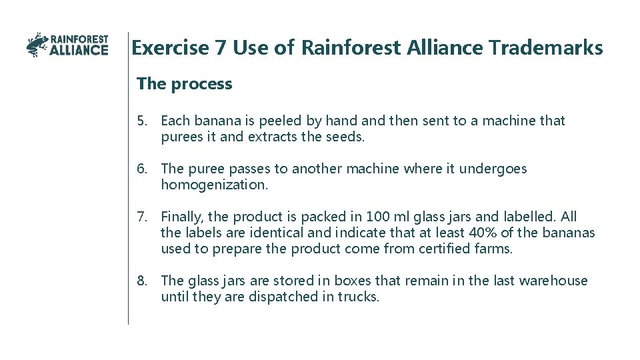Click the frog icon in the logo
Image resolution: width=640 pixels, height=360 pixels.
pyautogui.click(x=37, y=45)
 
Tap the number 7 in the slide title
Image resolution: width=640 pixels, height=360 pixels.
pyautogui.click(x=221, y=48)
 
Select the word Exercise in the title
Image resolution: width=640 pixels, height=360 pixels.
pyautogui.click(x=170, y=48)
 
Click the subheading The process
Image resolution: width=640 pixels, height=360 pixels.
pyautogui.click(x=184, y=84)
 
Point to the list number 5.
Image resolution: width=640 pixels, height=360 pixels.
pyautogui.click(x=142, y=121)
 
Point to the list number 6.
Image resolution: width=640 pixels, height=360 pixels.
pyautogui.click(x=142, y=169)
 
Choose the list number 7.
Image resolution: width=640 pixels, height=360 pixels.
pyautogui.click(x=142, y=217)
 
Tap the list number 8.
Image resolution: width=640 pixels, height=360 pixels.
pyautogui.click(x=142, y=281)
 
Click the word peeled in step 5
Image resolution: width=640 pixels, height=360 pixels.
pyautogui.click(x=280, y=121)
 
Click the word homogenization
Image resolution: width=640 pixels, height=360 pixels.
pyautogui.click(x=214, y=185)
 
